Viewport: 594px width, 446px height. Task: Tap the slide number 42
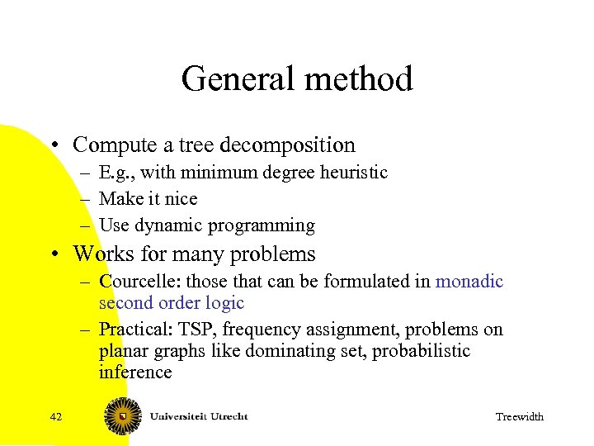coord(56,416)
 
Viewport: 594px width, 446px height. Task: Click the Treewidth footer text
coord(519,417)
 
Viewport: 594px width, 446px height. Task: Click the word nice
coord(180,199)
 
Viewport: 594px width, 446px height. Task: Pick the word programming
coord(262,225)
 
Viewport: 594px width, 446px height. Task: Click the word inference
coord(135,372)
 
